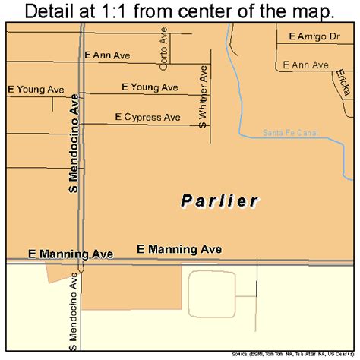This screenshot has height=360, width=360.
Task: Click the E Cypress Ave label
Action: (x=147, y=117)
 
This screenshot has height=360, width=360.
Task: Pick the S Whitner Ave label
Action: (x=203, y=99)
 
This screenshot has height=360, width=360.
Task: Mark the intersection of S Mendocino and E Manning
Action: (x=81, y=263)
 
